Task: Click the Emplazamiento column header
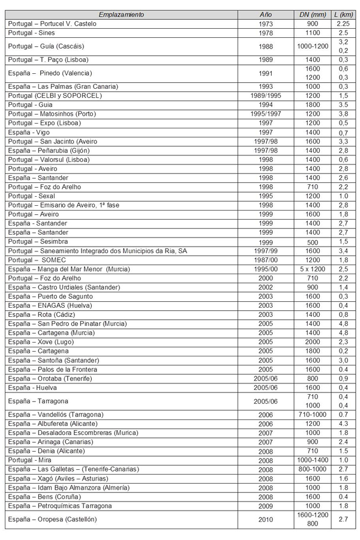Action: tap(121, 13)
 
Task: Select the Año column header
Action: tap(265, 13)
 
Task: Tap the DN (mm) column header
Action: tap(313, 13)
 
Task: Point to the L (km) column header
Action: tap(343, 13)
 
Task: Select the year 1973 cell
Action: tap(265, 23)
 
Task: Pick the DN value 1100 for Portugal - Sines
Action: tap(313, 32)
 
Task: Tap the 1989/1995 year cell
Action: tap(265, 95)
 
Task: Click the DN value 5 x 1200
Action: tap(313, 269)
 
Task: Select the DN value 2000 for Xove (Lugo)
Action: tap(313, 341)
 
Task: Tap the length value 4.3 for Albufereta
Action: tap(343, 424)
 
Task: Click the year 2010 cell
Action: tap(265, 519)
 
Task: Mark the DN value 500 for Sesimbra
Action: tap(313, 241)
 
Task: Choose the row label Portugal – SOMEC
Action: tap(35, 260)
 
